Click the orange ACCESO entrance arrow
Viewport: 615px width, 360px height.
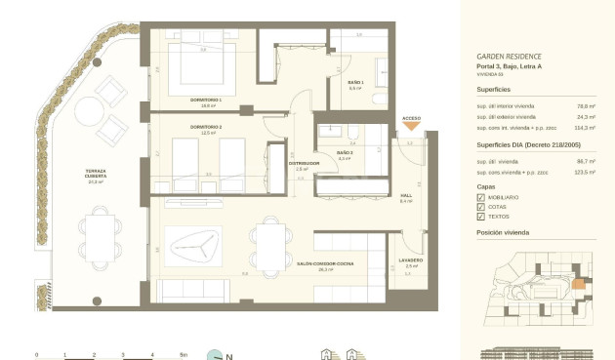click(x=412, y=125)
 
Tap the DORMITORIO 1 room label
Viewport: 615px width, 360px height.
click(x=206, y=100)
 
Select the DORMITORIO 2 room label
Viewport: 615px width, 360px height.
click(x=206, y=128)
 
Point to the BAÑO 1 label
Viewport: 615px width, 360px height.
click(x=355, y=83)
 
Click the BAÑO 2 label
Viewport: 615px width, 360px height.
click(x=344, y=153)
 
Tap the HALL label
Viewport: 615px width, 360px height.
click(x=406, y=195)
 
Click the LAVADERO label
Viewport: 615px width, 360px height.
click(x=411, y=260)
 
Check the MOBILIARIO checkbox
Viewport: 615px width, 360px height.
click(x=480, y=197)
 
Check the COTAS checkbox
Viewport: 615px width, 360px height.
click(x=480, y=207)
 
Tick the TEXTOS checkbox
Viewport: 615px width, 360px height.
click(x=480, y=217)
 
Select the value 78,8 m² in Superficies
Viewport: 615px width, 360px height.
click(x=586, y=105)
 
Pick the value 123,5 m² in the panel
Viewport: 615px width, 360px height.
click(x=585, y=171)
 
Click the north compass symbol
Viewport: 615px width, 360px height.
click(x=214, y=354)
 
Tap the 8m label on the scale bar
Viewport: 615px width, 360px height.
click(x=183, y=355)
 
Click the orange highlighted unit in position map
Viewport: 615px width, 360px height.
click(x=578, y=286)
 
